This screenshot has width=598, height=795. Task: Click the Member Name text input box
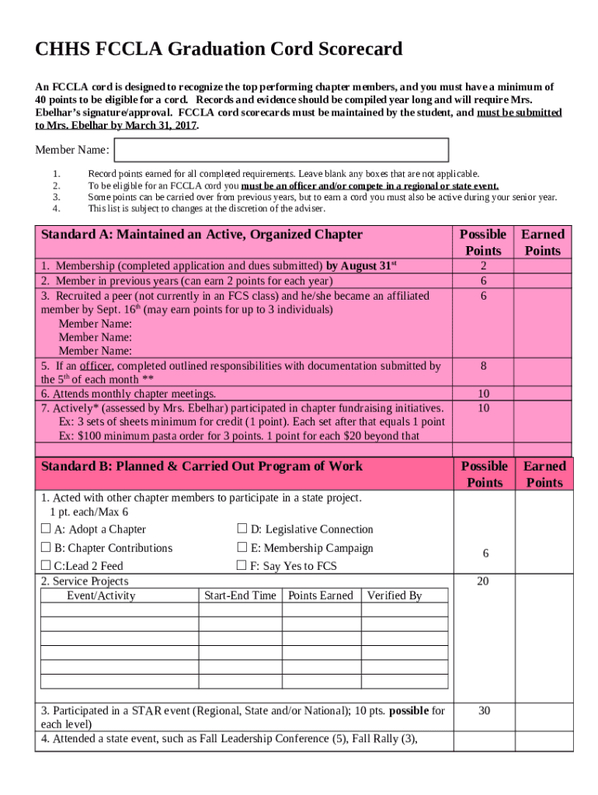(281, 150)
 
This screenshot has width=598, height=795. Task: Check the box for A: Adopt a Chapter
(45, 529)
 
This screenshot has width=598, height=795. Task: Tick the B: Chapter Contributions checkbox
(45, 548)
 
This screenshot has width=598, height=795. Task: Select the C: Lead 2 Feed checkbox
(45, 566)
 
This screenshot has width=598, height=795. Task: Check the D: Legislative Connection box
(242, 529)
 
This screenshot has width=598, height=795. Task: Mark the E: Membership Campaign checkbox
(242, 548)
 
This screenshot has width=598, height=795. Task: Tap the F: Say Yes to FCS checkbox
(242, 566)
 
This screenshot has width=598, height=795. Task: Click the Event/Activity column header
(101, 595)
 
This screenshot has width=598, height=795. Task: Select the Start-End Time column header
(240, 595)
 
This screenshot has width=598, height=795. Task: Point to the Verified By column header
(395, 595)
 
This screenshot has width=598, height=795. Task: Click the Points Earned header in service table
(320, 595)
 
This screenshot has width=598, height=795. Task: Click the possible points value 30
(484, 710)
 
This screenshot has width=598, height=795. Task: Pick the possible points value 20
(484, 581)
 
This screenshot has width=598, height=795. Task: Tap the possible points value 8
(484, 366)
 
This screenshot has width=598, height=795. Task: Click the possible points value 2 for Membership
(484, 266)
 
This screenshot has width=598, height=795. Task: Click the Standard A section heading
(201, 234)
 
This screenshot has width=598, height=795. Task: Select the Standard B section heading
(201, 467)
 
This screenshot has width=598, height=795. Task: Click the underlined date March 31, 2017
(154, 124)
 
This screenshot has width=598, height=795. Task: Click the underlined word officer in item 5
(93, 366)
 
